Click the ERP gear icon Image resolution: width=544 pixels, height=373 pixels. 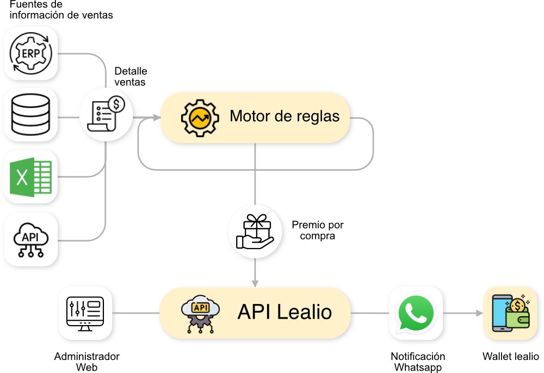coord(32,53)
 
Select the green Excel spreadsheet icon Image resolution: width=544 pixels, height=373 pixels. coord(32,177)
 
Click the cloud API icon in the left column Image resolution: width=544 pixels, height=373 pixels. coord(32,240)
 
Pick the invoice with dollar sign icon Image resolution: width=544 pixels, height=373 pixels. coord(107,115)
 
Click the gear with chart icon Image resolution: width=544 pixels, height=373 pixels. coord(200,117)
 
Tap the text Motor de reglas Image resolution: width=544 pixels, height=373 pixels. coord(285,116)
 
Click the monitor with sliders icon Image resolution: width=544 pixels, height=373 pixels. coord(86,313)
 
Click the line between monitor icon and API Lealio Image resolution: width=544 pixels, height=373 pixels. coord(137,313)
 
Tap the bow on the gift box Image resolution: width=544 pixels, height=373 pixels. coord(256,220)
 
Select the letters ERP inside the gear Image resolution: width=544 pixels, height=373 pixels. coord(31,53)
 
